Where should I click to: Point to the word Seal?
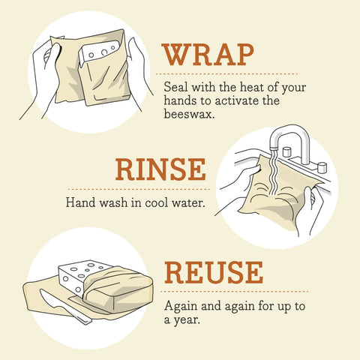175,88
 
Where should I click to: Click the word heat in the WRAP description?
247,88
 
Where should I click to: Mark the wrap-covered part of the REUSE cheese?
120,289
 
